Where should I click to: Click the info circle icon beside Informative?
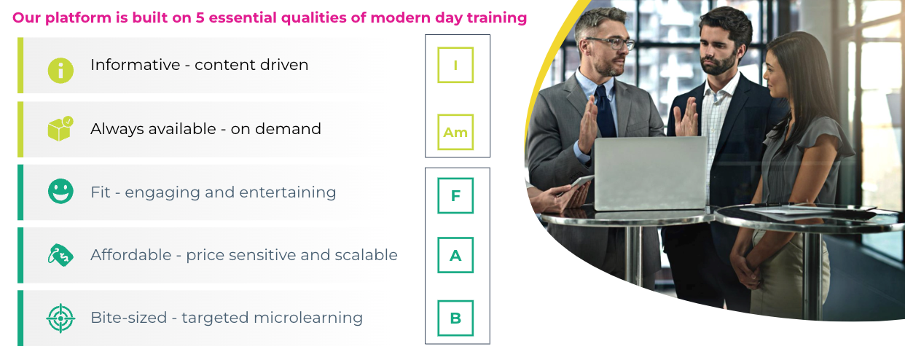coord(60,71)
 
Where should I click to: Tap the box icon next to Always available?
coord(60,129)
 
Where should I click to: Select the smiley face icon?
coord(60,191)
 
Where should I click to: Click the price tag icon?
coord(60,255)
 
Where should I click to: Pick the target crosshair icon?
coord(60,318)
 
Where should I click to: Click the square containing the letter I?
coord(455,65)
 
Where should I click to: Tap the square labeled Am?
coord(455,132)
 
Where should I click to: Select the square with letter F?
coord(455,195)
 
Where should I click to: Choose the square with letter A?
coord(455,255)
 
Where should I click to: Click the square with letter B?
coord(455,318)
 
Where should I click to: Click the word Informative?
coord(136,65)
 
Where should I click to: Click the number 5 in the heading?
coord(200,17)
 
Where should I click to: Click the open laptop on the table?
coord(650,173)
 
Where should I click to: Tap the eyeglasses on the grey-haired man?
coord(610,42)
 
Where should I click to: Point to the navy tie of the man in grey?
coord(605,111)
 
